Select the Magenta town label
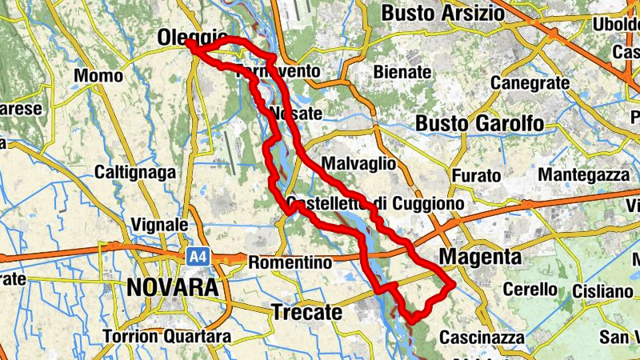481,258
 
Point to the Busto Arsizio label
443,14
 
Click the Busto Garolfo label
479,124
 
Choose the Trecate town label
306,313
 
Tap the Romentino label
290,262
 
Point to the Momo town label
98,76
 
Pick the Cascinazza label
482,338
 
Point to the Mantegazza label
583,174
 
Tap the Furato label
476,175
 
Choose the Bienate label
402,73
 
